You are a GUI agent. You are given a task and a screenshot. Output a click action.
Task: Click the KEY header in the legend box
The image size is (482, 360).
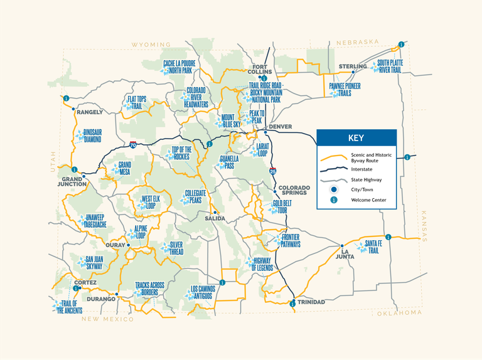[x=356, y=139]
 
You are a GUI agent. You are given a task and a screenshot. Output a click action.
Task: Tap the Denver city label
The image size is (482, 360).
[x=280, y=127]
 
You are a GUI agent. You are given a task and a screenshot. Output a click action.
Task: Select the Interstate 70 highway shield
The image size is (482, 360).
[x=133, y=144]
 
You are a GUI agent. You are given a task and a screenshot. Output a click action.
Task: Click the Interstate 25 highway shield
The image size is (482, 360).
[x=272, y=170]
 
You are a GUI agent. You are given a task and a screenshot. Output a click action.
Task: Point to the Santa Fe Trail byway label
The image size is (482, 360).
[x=373, y=246]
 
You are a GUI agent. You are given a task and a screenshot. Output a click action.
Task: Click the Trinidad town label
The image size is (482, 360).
[x=311, y=302]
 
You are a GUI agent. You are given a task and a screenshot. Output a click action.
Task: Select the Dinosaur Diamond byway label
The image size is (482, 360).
[x=92, y=136]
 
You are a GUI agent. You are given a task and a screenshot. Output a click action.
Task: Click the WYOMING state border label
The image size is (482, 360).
[x=151, y=45]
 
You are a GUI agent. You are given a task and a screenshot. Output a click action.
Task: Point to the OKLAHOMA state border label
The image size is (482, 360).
[x=399, y=312]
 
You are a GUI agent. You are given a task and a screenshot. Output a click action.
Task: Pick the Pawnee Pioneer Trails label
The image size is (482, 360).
[x=345, y=90]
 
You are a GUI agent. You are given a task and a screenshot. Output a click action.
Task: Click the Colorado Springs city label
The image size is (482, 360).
[x=292, y=189]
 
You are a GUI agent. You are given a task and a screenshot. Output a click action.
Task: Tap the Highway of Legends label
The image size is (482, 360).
[x=263, y=264]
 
